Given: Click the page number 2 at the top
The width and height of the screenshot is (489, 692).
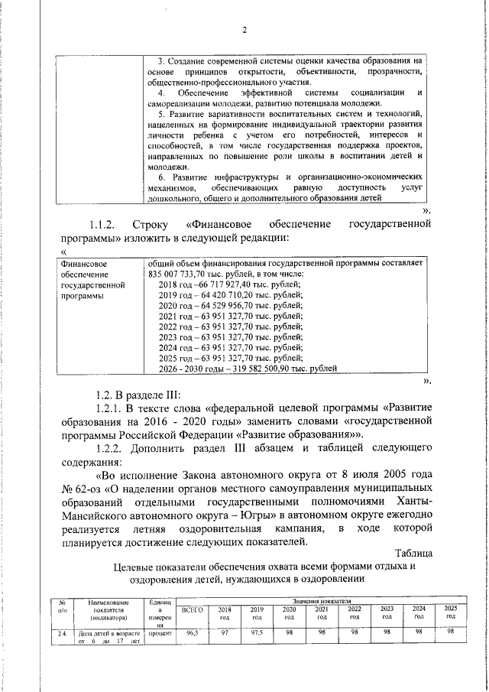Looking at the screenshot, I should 244,31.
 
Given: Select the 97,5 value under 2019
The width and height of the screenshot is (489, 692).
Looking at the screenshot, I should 257,633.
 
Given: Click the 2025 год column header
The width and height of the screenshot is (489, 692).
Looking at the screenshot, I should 450,612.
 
